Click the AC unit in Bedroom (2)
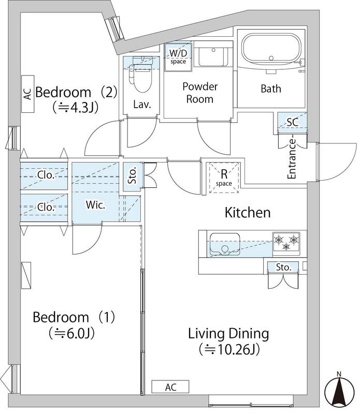[27, 94]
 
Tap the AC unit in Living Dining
[170, 387]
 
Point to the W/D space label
[178, 56]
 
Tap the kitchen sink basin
[225, 244]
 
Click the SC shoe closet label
[292, 122]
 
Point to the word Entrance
[292, 159]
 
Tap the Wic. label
[95, 205]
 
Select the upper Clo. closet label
[46, 175]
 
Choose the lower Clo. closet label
[46, 206]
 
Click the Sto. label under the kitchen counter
[284, 267]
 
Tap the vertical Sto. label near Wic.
[132, 175]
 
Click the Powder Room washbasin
[213, 57]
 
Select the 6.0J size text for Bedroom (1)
[71, 333]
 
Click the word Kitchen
[248, 213]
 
